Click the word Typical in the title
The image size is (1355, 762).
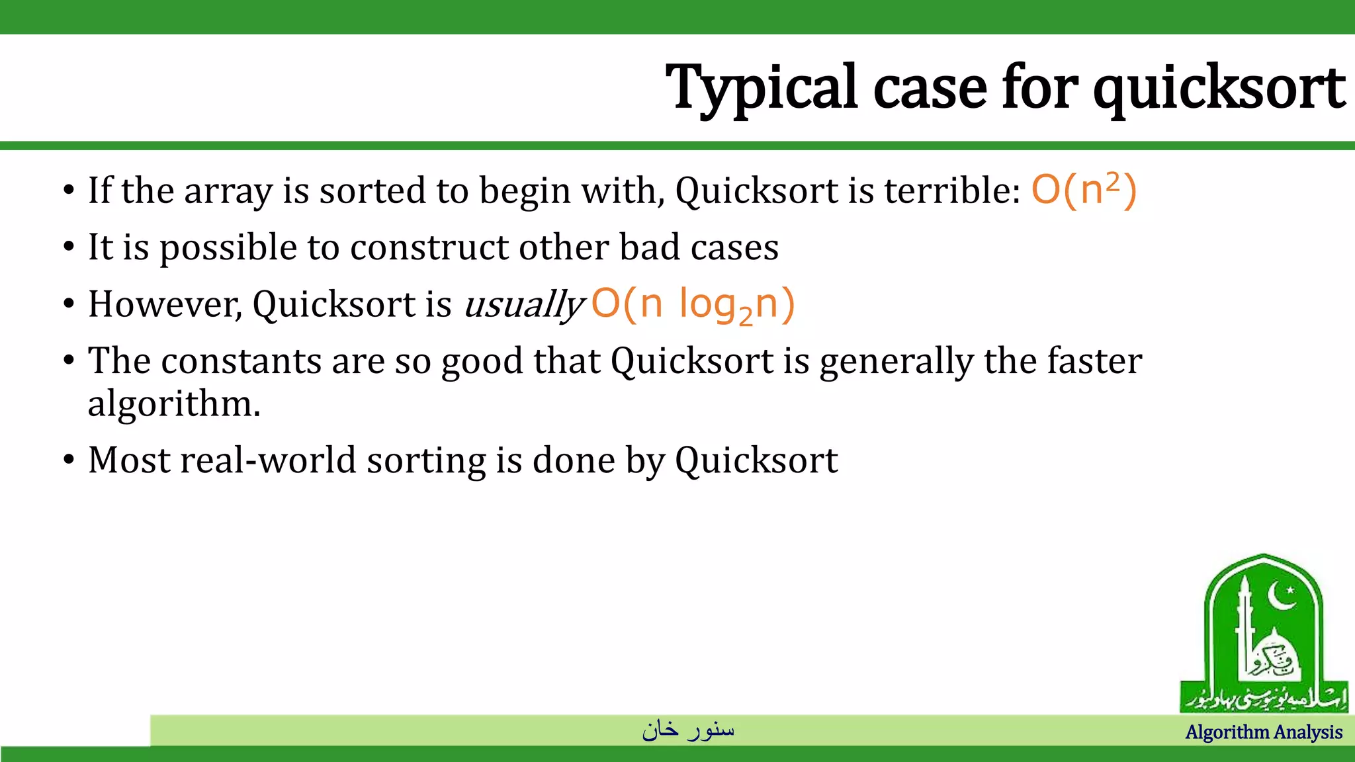(761, 87)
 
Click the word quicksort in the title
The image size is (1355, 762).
(1219, 87)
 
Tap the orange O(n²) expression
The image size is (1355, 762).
(1084, 190)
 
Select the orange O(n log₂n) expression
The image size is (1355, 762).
(692, 305)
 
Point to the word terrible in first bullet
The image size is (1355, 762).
(953, 190)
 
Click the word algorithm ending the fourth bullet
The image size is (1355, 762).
(173, 403)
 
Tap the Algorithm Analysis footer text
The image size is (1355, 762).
(1264, 732)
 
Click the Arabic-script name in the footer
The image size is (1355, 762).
(688, 730)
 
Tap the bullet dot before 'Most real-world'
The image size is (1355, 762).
(69, 460)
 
